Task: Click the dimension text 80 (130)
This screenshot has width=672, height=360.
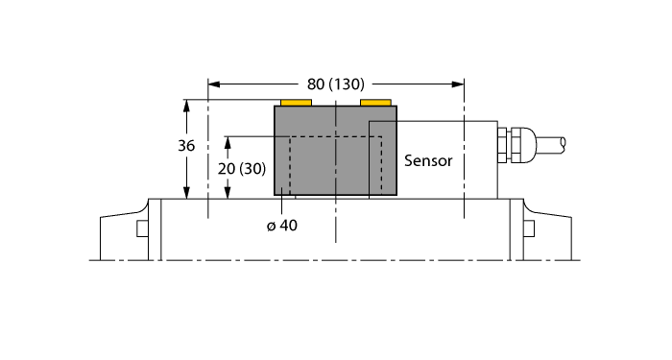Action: click(x=335, y=84)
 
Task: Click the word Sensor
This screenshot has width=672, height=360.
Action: click(x=428, y=160)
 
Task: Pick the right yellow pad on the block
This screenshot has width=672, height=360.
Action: click(x=375, y=102)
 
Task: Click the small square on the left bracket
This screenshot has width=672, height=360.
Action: click(x=142, y=228)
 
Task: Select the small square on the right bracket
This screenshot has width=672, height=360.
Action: click(x=529, y=228)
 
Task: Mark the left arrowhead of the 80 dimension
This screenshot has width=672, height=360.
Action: click(x=214, y=84)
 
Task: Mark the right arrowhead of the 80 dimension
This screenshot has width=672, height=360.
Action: click(x=459, y=84)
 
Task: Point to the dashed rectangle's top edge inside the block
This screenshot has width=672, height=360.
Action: click(x=326, y=137)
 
